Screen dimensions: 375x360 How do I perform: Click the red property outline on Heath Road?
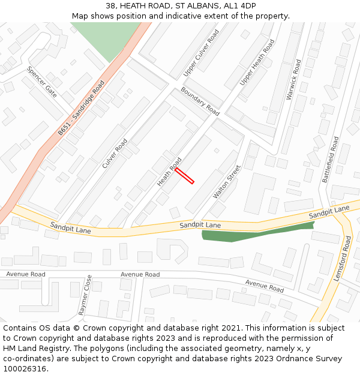click(185, 175)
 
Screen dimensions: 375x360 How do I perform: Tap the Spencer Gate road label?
click(41, 82)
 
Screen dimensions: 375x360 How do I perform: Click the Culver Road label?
click(115, 153)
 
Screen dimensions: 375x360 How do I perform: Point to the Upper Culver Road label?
click(202, 54)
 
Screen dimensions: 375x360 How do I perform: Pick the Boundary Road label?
click(200, 101)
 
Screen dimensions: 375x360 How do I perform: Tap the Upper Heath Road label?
click(257, 62)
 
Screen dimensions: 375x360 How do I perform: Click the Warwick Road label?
click(294, 79)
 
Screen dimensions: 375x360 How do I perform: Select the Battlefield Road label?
click(331, 160)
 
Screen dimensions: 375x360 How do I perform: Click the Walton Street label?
click(227, 182)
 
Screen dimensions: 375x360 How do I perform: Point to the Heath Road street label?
click(169, 172)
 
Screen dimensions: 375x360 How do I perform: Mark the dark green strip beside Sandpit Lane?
click(258, 232)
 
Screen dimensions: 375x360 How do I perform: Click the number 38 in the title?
click(110, 6)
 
